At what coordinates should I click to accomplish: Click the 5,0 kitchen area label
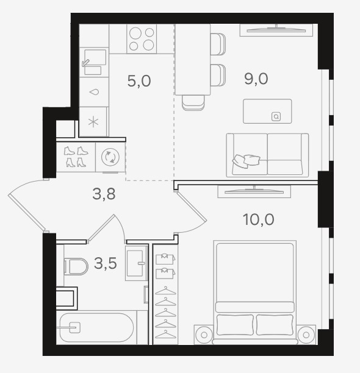click(x=139, y=81)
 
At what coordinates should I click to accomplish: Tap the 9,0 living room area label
click(x=256, y=79)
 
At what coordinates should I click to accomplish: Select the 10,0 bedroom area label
click(x=259, y=219)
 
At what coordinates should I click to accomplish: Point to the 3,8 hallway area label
click(x=104, y=194)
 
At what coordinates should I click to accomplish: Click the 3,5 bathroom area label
click(x=105, y=263)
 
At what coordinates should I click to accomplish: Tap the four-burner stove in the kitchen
click(x=142, y=39)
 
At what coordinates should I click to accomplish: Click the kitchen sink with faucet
click(x=94, y=62)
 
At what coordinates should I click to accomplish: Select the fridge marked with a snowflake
click(x=93, y=122)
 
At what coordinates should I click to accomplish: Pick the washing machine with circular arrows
click(x=110, y=157)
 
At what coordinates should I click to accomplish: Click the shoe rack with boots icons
click(x=76, y=157)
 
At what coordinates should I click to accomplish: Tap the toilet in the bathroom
click(x=76, y=266)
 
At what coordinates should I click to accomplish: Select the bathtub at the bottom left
click(x=96, y=327)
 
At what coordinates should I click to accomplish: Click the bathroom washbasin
click(x=136, y=263)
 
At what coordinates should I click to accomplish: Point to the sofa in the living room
click(x=267, y=155)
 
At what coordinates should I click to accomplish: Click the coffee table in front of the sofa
click(x=267, y=112)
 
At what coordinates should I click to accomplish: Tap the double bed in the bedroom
click(x=255, y=292)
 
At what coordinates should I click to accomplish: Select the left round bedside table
click(x=204, y=335)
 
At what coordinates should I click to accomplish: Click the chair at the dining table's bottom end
click(x=193, y=103)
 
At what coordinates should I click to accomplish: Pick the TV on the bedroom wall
click(x=254, y=191)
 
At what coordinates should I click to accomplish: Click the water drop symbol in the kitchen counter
click(x=94, y=92)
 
